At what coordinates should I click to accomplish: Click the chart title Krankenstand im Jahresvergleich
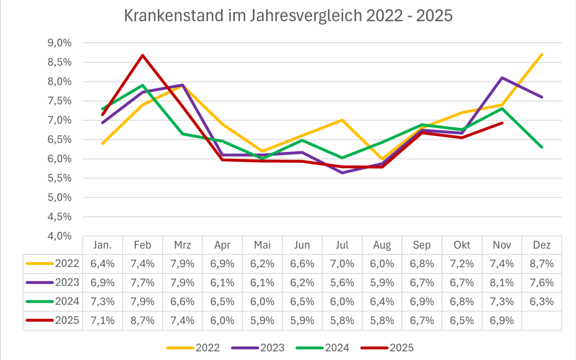click(288, 15)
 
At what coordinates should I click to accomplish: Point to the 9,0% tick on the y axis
click(60, 43)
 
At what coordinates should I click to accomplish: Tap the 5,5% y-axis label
click(60, 178)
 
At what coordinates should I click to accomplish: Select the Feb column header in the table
click(143, 245)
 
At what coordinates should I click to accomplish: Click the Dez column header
click(541, 245)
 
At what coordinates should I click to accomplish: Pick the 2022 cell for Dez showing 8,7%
click(541, 264)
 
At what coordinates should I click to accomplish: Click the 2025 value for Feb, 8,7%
click(143, 320)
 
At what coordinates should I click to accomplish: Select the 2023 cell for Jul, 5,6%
click(342, 282)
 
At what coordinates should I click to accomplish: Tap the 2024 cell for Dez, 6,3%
click(541, 301)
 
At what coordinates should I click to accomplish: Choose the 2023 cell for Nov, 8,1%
click(502, 282)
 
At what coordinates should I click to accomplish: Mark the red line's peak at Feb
click(143, 55)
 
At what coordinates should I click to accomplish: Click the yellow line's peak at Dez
click(541, 54)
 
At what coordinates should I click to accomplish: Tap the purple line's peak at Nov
click(502, 78)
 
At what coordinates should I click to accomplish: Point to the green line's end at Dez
click(541, 147)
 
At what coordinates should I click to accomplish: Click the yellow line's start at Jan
click(103, 143)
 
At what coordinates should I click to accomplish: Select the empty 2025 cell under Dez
click(541, 320)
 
